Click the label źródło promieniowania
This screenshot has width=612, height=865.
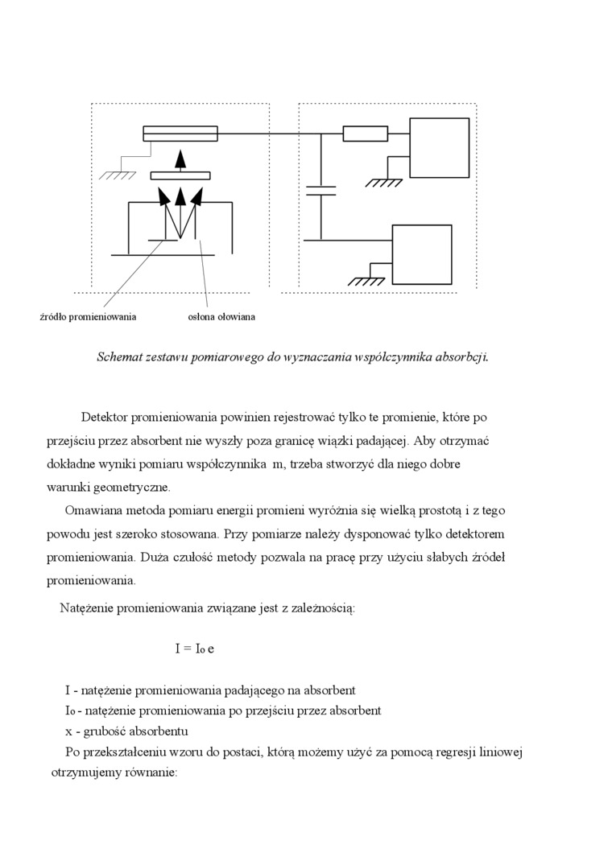point(88,317)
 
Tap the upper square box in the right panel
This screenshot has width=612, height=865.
point(439,147)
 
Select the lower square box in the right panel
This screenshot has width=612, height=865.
point(421,254)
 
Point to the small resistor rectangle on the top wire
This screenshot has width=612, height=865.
point(365,134)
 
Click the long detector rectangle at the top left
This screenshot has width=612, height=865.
point(180,134)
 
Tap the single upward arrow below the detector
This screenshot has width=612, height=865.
point(181,160)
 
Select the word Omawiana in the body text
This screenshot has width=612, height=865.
point(91,511)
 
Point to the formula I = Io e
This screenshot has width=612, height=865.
point(194,648)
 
